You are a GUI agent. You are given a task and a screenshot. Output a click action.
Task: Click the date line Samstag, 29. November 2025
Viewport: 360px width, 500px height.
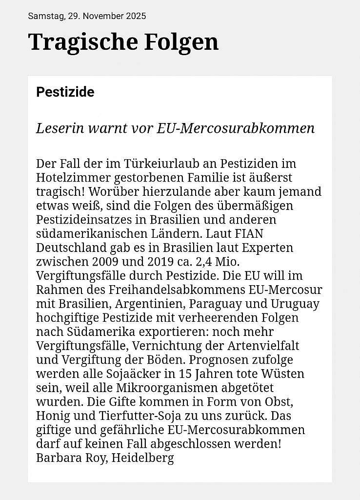tap(87, 16)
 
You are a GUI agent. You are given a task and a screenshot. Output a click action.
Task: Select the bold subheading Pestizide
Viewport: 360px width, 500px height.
tap(65, 92)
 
